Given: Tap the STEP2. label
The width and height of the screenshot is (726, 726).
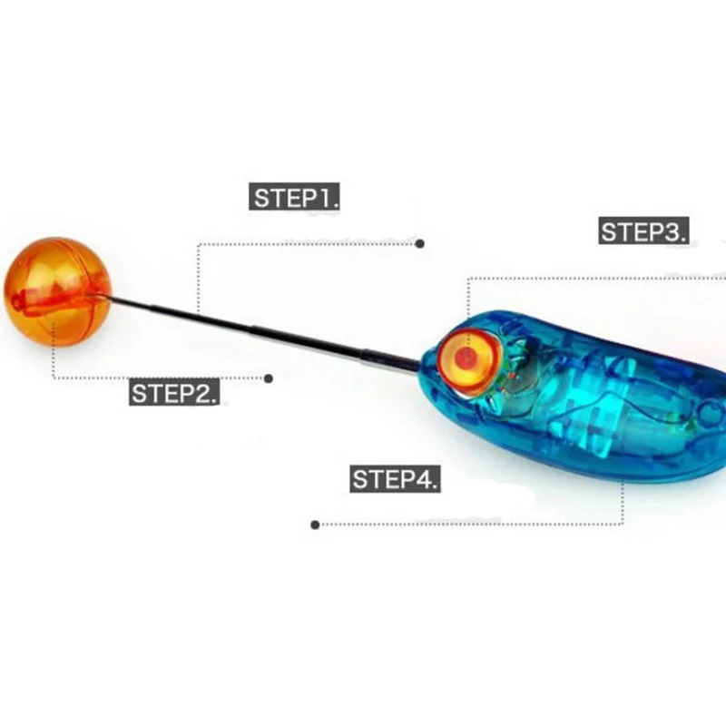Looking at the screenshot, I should (x=174, y=393).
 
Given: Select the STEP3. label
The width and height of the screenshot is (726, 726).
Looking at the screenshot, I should (x=643, y=231).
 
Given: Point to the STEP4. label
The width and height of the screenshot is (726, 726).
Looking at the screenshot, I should (x=395, y=479).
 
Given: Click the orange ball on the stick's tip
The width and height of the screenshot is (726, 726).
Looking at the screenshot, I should (x=57, y=291).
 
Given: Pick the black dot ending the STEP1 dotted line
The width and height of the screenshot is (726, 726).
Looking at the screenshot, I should (x=419, y=243).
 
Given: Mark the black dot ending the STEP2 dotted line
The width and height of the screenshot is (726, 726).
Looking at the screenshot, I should (x=269, y=378).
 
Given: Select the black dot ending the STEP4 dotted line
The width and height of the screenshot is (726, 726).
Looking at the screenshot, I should (x=315, y=524).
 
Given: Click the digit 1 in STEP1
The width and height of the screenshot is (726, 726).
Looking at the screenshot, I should (x=324, y=199).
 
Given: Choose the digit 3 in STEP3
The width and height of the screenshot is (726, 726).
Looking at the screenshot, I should (x=674, y=231).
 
